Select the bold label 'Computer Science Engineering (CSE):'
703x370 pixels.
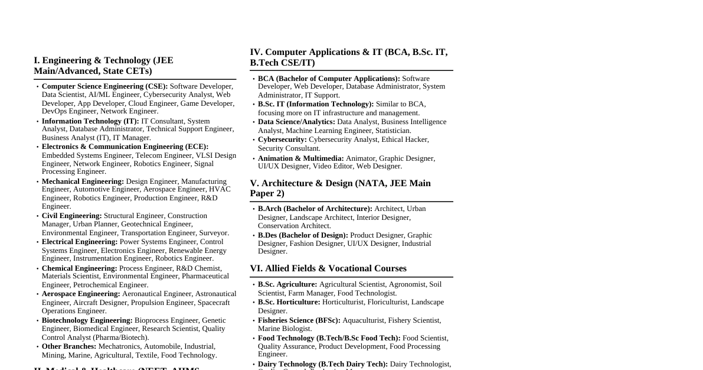click(x=104, y=86)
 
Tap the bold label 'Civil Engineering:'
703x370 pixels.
click(x=71, y=216)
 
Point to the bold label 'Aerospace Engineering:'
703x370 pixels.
click(x=81, y=294)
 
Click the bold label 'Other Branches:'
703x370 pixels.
click(x=68, y=346)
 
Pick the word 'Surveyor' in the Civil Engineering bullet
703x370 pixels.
click(x=213, y=233)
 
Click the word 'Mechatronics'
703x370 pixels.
click(x=119, y=346)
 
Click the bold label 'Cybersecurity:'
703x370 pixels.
click(x=282, y=139)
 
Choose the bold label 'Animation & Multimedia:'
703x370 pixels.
click(x=300, y=158)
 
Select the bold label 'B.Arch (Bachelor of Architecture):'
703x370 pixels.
click(x=315, y=209)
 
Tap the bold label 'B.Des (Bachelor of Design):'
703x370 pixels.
click(x=303, y=235)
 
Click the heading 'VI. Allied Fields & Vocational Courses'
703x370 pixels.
click(x=328, y=268)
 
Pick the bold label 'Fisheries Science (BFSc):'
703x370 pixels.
click(x=299, y=320)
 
